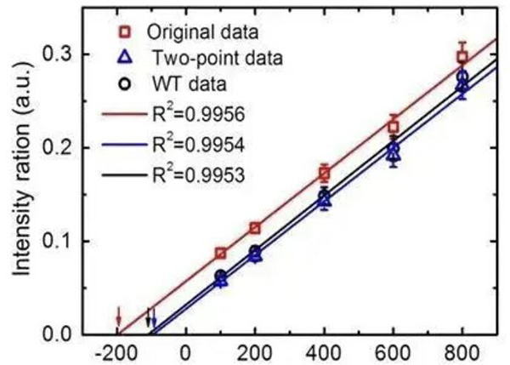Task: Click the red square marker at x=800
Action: pyautogui.click(x=462, y=57)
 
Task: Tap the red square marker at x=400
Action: pyautogui.click(x=324, y=174)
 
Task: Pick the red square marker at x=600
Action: pyautogui.click(x=393, y=127)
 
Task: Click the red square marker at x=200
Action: pyautogui.click(x=255, y=227)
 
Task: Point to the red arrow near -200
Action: pyautogui.click(x=119, y=317)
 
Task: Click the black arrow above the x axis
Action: pyautogui.click(x=148, y=318)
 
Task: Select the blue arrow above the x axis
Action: pyautogui.click(x=154, y=320)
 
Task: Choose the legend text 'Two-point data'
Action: pyautogui.click(x=209, y=58)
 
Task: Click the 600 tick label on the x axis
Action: pyautogui.click(x=393, y=351)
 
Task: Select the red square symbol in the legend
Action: pyautogui.click(x=122, y=32)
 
